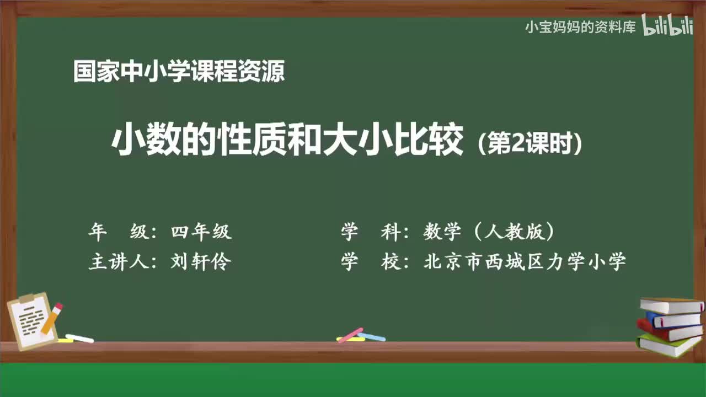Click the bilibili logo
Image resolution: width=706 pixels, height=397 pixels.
pyautogui.click(x=667, y=27)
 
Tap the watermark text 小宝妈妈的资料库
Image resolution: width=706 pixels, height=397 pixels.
pyautogui.click(x=580, y=27)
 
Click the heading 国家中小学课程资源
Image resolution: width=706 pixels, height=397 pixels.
pyautogui.click(x=179, y=72)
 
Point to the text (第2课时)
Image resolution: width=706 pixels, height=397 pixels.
pyautogui.click(x=529, y=144)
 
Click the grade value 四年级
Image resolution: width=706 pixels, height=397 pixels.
pyautogui.click(x=201, y=232)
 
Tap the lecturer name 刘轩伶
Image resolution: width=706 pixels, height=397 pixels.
pyautogui.click(x=201, y=262)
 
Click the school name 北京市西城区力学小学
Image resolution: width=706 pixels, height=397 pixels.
pyautogui.click(x=525, y=262)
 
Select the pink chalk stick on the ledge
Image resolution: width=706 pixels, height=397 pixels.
pyautogui.click(x=350, y=335)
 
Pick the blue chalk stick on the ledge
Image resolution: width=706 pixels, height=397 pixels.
pyautogui.click(x=372, y=336)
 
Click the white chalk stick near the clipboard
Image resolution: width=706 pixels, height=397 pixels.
pyautogui.click(x=79, y=338)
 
